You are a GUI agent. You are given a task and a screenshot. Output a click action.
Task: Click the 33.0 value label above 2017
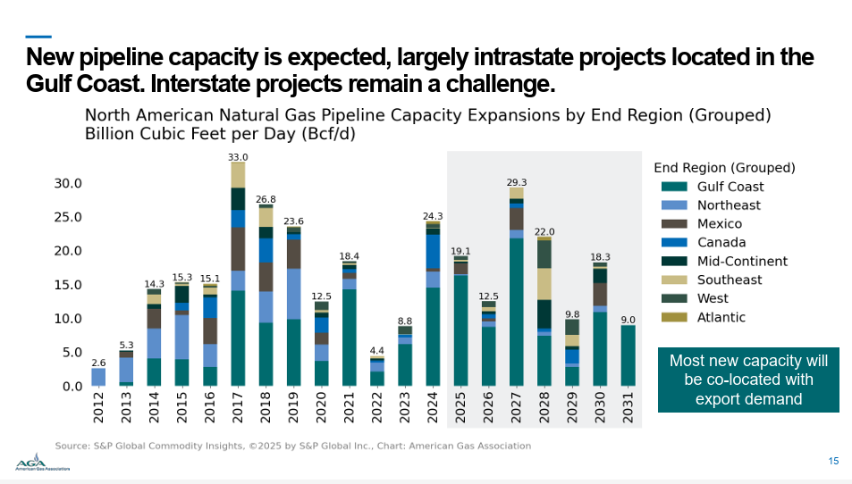tap(238, 157)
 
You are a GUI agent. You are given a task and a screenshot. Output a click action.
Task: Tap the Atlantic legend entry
tap(721, 317)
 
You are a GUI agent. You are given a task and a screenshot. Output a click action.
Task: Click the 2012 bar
tap(98, 377)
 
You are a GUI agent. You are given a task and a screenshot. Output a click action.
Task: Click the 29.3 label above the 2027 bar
tap(516, 182)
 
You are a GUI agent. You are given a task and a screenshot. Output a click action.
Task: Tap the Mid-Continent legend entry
tap(742, 262)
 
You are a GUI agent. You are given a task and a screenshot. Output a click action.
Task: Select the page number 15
tap(833, 462)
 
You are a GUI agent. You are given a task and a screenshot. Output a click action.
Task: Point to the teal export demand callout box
tap(748, 380)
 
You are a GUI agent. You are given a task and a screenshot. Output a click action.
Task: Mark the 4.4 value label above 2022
tap(377, 350)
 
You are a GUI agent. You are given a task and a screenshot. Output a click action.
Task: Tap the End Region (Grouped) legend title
tap(724, 167)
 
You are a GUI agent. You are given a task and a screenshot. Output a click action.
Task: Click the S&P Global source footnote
tap(293, 446)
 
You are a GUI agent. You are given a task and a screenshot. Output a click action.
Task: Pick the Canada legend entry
tap(721, 243)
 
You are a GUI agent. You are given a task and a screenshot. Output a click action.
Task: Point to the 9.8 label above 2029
tap(571, 314)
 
